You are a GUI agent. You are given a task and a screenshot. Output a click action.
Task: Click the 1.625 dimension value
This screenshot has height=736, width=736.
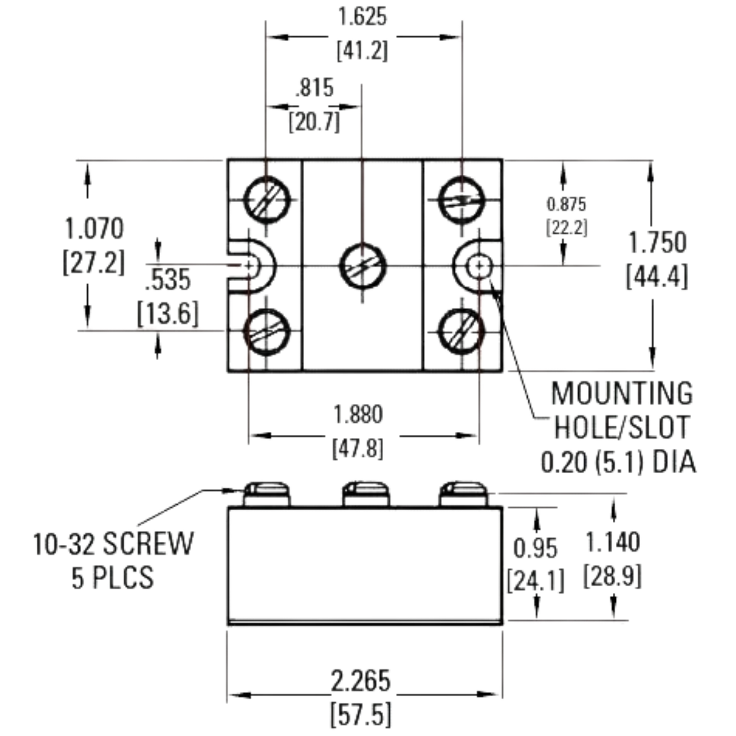(x=363, y=17)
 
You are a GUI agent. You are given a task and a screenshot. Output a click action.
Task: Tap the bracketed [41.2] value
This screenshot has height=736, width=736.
(x=362, y=50)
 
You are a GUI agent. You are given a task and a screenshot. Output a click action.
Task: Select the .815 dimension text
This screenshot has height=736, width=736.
(x=315, y=88)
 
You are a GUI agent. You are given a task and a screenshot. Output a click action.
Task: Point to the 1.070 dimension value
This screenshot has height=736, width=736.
(x=94, y=229)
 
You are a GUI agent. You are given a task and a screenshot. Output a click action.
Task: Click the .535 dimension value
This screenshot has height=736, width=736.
(x=168, y=280)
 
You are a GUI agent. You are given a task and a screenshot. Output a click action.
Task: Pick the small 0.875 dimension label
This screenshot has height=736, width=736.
(x=566, y=205)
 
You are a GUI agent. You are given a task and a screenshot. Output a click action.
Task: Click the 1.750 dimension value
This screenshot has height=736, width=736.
(x=658, y=243)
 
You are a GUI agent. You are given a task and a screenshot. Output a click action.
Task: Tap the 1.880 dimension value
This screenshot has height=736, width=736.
(x=358, y=415)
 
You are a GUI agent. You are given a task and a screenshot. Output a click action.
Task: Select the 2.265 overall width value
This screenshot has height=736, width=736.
(x=361, y=680)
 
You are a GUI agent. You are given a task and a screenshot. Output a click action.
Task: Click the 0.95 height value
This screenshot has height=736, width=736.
(x=535, y=549)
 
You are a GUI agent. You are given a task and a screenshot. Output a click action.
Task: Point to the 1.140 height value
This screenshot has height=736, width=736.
(x=613, y=542)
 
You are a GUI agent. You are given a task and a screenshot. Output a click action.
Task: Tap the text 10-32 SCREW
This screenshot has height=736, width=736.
(x=114, y=544)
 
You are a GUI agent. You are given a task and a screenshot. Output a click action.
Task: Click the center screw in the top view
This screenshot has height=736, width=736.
(x=363, y=266)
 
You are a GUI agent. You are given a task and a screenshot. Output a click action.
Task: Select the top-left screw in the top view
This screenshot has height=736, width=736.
(x=266, y=199)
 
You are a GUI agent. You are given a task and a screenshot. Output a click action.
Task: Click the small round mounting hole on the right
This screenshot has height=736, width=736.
(x=480, y=266)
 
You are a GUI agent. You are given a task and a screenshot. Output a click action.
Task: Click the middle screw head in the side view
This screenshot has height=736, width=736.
(x=366, y=495)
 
